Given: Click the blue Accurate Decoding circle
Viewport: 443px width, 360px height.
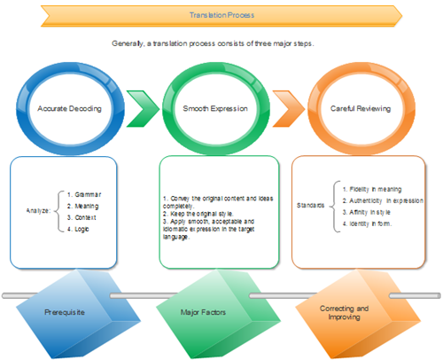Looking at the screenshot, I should click(x=66, y=107).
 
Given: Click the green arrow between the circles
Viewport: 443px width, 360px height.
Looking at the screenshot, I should click(x=142, y=107).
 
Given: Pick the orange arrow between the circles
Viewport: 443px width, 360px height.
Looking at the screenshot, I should click(x=286, y=107).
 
